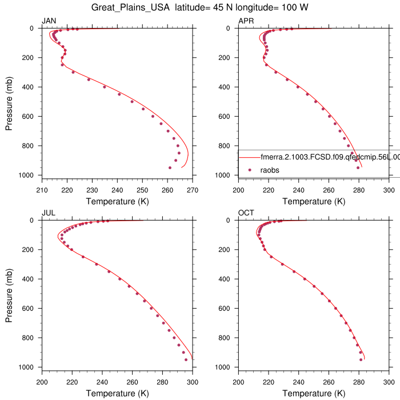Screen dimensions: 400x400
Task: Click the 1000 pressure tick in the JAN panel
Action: pyautogui.click(x=27, y=175)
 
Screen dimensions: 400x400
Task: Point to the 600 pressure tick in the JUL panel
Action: pyautogui.click(x=30, y=308)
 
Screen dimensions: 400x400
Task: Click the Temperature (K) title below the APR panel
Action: pyautogui.click(x=309, y=202)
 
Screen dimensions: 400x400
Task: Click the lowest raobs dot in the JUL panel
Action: pyautogui.click(x=186, y=359)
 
